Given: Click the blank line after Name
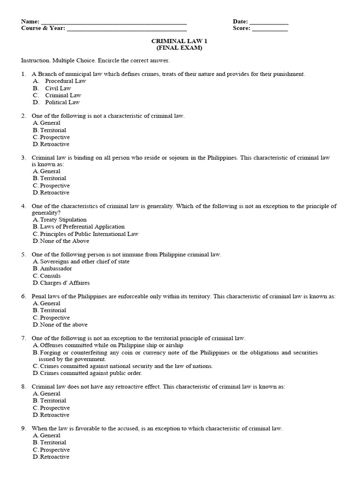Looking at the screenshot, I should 114,22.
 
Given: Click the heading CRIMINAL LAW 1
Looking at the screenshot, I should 180,41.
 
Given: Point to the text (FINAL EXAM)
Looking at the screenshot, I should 180,48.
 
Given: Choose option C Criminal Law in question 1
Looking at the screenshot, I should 63,95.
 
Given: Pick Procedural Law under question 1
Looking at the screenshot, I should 65,81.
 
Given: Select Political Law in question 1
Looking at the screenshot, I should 62,102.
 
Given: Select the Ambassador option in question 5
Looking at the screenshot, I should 56,269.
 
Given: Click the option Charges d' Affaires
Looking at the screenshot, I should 65,283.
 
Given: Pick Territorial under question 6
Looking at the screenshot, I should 53,310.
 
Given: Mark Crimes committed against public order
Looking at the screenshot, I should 91,373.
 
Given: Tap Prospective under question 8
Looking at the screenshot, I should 55,408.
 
